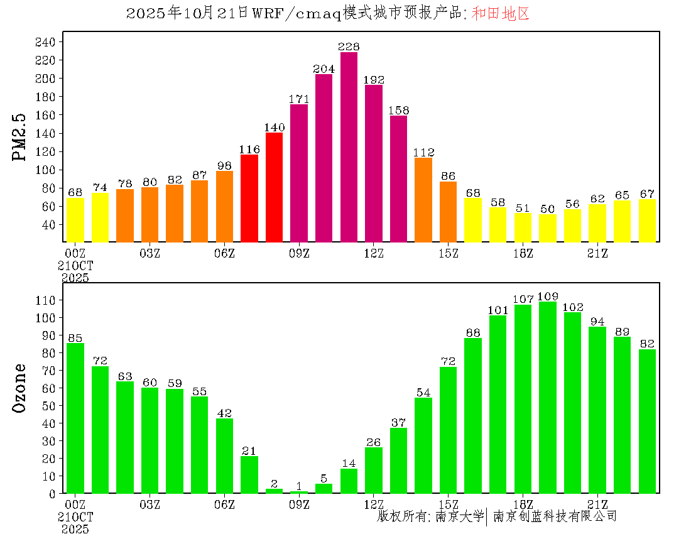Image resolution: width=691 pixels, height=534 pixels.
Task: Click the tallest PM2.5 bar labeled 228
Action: [349, 147]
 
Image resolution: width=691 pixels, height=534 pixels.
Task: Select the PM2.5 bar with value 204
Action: [324, 158]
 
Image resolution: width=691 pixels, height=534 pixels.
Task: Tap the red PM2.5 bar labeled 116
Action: [249, 198]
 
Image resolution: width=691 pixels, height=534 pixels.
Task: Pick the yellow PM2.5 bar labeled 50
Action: [548, 228]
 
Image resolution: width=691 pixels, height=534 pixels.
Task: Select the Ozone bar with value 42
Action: [224, 455]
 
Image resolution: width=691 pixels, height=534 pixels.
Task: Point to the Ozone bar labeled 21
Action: [249, 474]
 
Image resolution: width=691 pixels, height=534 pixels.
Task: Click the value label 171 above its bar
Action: [299, 99]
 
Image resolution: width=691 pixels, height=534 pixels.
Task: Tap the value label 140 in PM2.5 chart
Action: [274, 127]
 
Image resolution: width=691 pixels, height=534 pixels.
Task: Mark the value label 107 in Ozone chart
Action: [523, 299]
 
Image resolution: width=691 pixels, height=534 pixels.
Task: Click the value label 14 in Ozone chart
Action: [349, 464]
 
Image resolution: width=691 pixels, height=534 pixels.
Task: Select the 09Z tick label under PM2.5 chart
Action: [299, 253]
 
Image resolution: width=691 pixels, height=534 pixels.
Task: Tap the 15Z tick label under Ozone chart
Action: [449, 504]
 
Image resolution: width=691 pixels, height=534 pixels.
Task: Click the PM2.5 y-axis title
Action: [20, 137]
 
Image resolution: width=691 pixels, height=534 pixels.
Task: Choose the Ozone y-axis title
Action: [20, 388]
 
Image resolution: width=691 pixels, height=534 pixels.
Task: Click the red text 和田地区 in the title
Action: [501, 14]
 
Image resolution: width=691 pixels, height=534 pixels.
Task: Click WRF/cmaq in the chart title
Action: [296, 14]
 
